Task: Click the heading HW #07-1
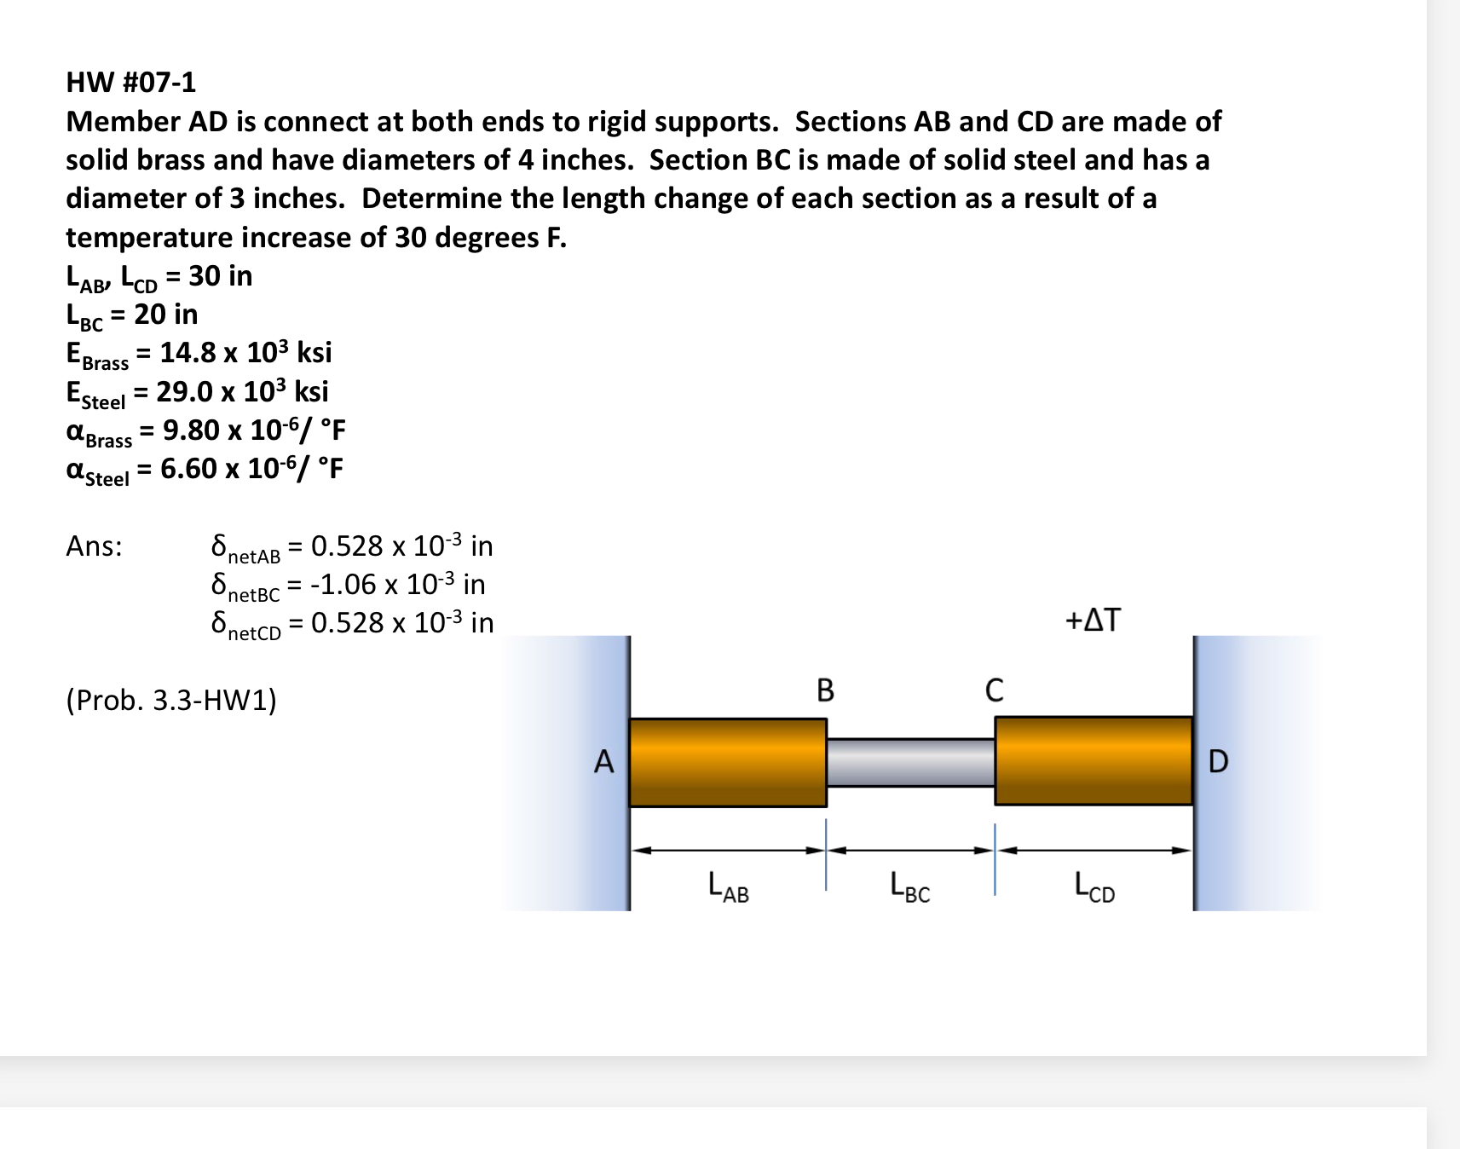pyautogui.click(x=131, y=83)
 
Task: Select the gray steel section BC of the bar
pyautogui.click(x=910, y=762)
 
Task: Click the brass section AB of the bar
pyautogui.click(x=727, y=762)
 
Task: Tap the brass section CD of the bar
pyautogui.click(x=1094, y=760)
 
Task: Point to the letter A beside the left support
pyautogui.click(x=603, y=761)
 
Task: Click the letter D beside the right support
pyautogui.click(x=1218, y=761)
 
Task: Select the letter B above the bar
pyautogui.click(x=825, y=690)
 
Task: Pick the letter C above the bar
pyautogui.click(x=994, y=690)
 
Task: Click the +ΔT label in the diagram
pyautogui.click(x=1093, y=620)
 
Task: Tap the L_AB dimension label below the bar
pyautogui.click(x=728, y=886)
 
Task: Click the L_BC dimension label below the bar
pyautogui.click(x=909, y=886)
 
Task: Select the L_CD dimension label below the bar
pyautogui.click(x=1094, y=886)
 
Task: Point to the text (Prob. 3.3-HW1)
pyautogui.click(x=171, y=700)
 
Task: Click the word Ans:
pyautogui.click(x=94, y=546)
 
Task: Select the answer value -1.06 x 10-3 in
pyautogui.click(x=397, y=585)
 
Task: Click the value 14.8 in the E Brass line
pyautogui.click(x=188, y=353)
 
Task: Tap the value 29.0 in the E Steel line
pyautogui.click(x=184, y=392)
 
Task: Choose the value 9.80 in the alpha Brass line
pyautogui.click(x=191, y=430)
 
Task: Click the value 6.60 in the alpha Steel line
pyautogui.click(x=188, y=469)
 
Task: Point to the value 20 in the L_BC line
pyautogui.click(x=149, y=315)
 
